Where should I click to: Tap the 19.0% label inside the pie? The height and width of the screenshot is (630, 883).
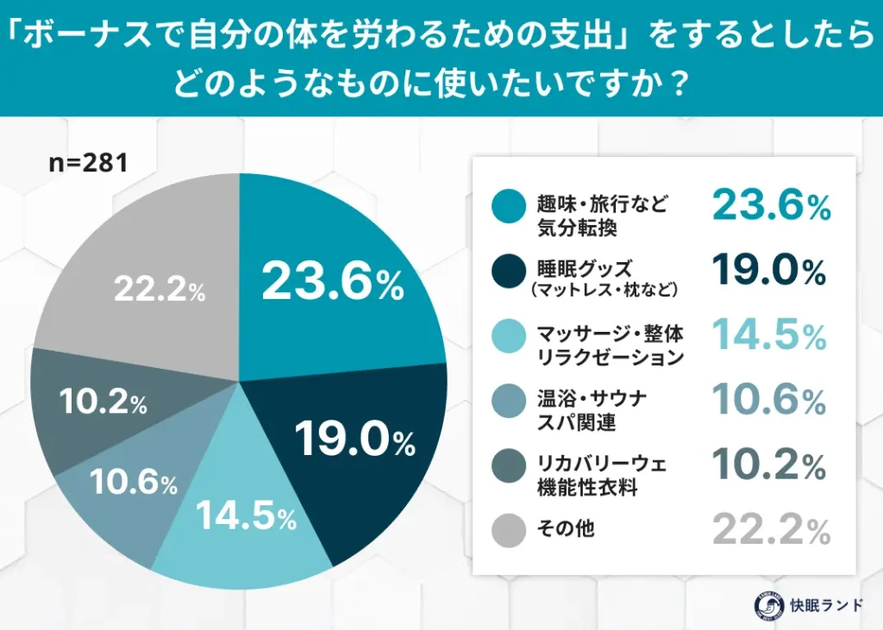point(354,440)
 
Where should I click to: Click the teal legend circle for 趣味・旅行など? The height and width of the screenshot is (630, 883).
point(509,205)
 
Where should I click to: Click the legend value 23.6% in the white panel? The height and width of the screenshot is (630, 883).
point(770,205)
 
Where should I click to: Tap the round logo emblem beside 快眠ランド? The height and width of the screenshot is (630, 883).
point(761,603)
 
